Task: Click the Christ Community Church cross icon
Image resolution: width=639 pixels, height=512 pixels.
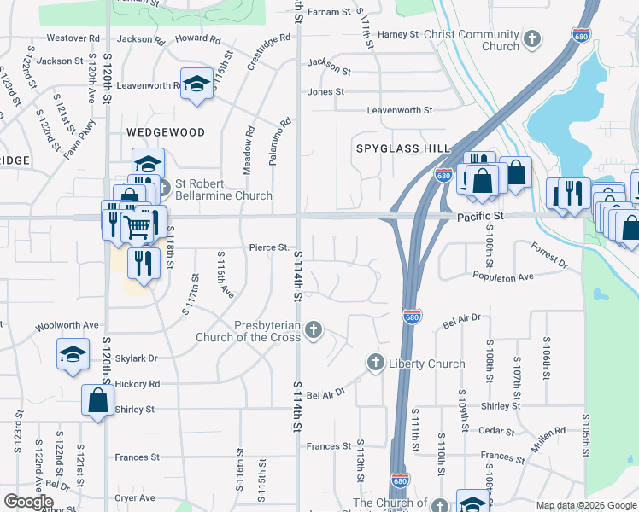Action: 532,38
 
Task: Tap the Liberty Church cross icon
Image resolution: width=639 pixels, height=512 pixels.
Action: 375,364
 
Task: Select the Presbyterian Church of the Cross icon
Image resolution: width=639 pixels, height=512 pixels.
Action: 314,329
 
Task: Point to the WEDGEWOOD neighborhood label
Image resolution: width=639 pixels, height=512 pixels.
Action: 166,132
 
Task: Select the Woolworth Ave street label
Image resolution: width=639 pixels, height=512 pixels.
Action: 67,325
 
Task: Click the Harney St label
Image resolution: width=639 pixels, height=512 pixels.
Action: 398,34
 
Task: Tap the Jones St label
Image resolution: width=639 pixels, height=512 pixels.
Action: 325,91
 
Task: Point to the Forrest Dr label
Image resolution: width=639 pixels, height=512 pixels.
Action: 548,253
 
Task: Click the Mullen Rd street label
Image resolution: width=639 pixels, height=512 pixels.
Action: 548,431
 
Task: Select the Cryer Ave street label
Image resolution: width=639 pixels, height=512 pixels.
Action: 135,497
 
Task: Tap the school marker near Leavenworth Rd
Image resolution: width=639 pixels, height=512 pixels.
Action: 197,84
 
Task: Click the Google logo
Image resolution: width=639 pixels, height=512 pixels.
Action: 28,502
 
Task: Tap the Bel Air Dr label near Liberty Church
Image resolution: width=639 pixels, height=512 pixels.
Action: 325,393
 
